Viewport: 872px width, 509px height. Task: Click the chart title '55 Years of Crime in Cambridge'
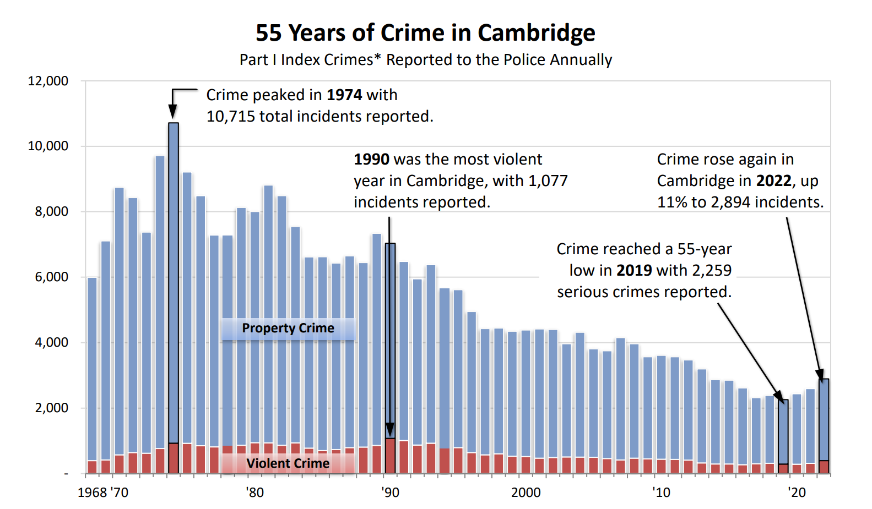coord(425,33)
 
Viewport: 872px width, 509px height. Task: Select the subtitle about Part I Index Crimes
coord(425,59)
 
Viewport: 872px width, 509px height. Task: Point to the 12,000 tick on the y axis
coord(48,81)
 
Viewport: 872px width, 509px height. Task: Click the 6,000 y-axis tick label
coord(51,277)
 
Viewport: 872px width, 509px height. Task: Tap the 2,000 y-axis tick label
coord(51,408)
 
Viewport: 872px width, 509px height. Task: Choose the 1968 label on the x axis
coord(92,492)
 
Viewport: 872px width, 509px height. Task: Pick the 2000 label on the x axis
coord(526,492)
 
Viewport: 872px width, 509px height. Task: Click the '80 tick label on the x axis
coord(254,492)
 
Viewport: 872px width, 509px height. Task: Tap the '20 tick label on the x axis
coord(797,492)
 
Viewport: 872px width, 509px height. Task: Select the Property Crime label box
coord(288,329)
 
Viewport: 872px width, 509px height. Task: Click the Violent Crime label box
coord(288,463)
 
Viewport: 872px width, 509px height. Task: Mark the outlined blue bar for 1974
coord(174,281)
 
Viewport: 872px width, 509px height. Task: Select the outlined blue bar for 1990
coord(390,338)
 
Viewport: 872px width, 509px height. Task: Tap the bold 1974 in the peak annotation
coord(344,95)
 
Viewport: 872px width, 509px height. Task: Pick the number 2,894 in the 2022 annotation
coord(730,202)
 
